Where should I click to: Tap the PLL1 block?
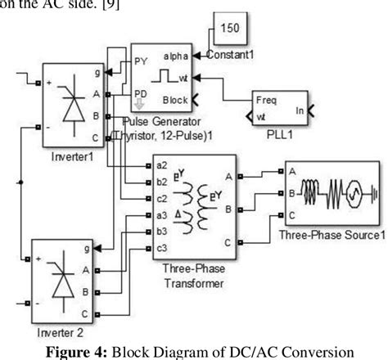pyautogui.click(x=278, y=107)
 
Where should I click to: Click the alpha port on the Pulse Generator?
pyautogui.click(x=175, y=56)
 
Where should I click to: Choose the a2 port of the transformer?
pyautogui.click(x=163, y=165)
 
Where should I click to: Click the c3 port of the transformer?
pyautogui.click(x=163, y=248)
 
